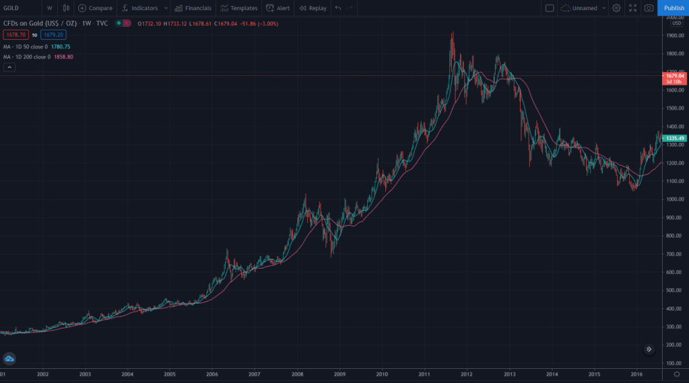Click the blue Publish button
click(674, 8)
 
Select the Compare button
click(95, 8)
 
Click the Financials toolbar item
click(193, 8)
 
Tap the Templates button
click(239, 8)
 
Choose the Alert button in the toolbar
click(278, 8)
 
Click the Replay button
click(313, 8)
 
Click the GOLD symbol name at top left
click(11, 8)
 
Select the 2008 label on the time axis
click(297, 374)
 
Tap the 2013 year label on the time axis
click(509, 374)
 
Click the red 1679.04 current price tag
click(675, 76)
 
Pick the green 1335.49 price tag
click(675, 138)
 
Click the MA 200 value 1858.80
click(63, 57)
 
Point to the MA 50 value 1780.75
click(61, 46)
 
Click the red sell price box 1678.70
click(15, 34)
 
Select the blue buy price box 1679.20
click(53, 34)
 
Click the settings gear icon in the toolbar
click(616, 8)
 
